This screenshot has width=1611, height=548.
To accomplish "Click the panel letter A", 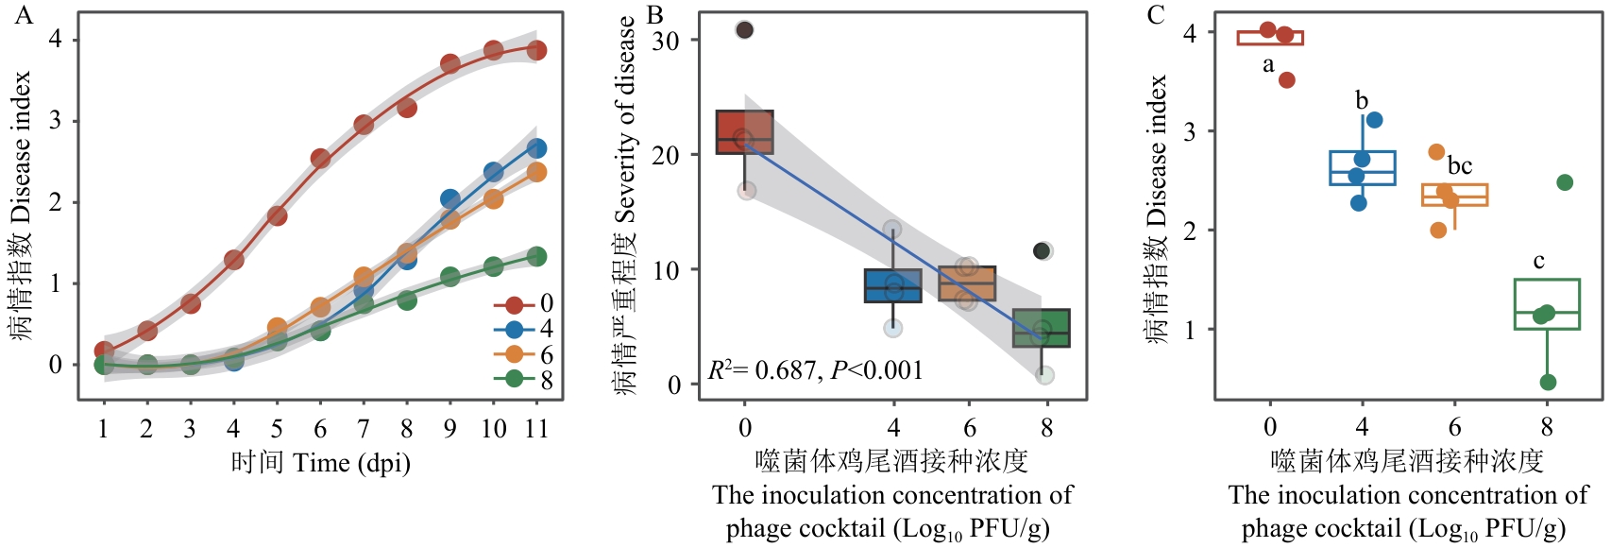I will tap(24, 15).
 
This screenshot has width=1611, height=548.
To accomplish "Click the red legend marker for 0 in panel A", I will tap(515, 304).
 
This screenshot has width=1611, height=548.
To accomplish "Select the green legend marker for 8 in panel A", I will tap(515, 379).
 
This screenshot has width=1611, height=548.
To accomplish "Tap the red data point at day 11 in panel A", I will tap(536, 50).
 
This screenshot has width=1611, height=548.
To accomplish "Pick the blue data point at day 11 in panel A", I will tap(536, 148).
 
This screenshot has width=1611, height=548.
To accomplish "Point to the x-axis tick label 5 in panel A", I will tap(277, 429).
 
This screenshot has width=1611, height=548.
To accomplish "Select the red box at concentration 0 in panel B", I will tap(745, 132).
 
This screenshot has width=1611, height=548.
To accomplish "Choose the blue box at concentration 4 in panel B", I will tap(893, 285).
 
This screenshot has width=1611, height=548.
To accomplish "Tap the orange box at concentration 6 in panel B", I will tap(967, 283).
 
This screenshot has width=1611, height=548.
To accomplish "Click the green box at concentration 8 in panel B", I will tap(1042, 328).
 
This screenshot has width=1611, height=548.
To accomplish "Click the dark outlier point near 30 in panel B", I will tap(744, 30).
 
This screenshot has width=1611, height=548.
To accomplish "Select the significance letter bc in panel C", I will tap(1460, 166).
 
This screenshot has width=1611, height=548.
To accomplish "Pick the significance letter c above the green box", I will tap(1539, 262).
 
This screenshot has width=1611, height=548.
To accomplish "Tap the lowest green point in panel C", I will tap(1548, 383).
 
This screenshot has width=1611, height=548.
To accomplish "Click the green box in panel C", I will tap(1547, 304).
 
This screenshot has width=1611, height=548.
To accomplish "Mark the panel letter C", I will tap(1156, 15).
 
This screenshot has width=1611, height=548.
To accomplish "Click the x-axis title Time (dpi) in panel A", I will tap(321, 463).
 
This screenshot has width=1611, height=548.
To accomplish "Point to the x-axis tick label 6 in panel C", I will tap(1454, 428).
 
